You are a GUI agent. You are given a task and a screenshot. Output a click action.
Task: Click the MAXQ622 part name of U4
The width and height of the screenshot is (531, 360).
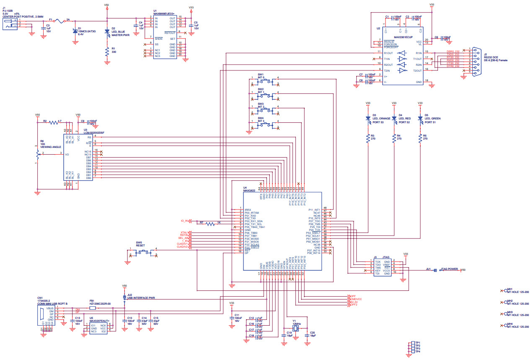249,190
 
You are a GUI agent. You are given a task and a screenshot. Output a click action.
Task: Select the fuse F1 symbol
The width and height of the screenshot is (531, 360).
57,20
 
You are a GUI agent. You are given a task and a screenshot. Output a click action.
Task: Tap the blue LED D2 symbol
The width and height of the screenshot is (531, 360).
107,31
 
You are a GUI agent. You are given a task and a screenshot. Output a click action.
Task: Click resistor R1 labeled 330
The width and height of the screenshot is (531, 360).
107,52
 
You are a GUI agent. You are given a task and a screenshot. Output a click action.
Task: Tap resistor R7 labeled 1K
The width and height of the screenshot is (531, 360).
210,223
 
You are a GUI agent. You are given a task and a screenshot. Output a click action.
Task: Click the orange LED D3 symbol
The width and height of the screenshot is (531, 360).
368,119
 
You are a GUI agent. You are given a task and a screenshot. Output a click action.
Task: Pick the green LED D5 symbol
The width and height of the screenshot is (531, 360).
420,119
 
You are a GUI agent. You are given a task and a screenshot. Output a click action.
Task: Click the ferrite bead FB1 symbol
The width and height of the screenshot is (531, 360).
93,308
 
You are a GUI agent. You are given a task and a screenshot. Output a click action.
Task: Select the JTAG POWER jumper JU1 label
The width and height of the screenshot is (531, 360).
448,269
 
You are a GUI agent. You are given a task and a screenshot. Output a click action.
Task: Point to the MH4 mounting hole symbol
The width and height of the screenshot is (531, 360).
505,325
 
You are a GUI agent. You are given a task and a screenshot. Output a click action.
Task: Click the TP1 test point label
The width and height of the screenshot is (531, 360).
418,342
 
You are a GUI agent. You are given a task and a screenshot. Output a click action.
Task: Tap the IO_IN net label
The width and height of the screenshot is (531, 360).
185,220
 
